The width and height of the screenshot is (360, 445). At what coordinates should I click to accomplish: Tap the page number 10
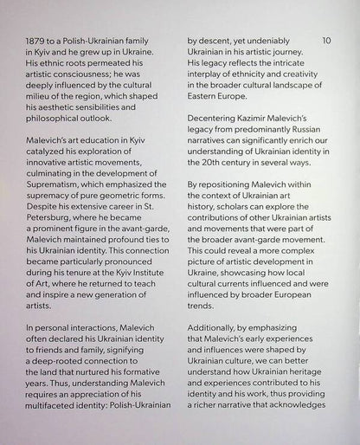(x=325, y=40)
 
